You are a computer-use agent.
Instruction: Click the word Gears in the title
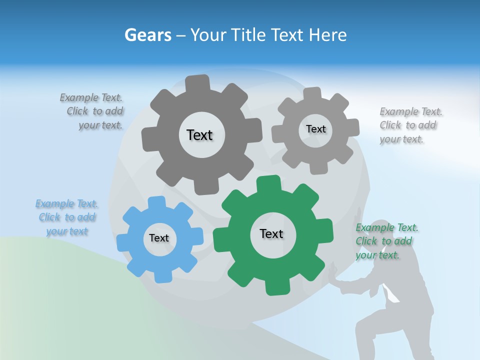148,35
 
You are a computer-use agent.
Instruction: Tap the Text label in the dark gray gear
199,135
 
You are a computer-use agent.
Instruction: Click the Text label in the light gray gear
315,129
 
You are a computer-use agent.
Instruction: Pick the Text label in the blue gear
159,238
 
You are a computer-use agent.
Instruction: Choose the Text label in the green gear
271,233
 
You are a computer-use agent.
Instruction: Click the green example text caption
385,241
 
